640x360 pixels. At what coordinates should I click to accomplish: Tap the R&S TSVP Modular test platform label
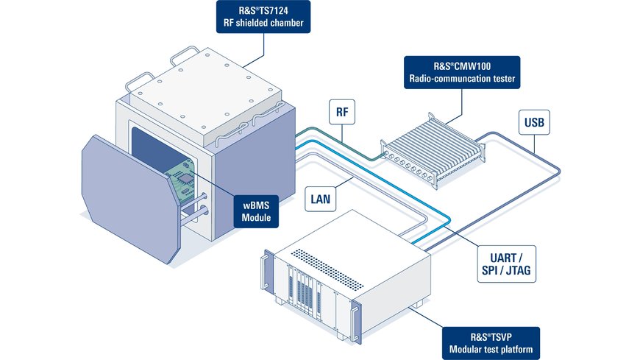click(x=490, y=343)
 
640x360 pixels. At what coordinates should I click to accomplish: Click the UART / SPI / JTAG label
click(x=508, y=263)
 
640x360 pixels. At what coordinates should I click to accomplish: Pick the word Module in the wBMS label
click(x=257, y=217)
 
